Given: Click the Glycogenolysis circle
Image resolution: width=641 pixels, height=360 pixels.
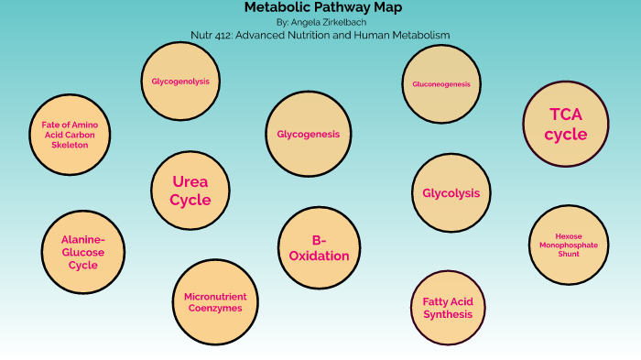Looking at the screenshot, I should click(180, 82).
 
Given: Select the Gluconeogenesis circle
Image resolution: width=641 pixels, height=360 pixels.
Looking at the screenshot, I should click(440, 84).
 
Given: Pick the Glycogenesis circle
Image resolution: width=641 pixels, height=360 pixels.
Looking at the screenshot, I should click(308, 134).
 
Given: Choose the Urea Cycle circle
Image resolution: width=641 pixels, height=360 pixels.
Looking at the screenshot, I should click(190, 191).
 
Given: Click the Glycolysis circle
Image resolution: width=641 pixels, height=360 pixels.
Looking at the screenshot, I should click(451, 193).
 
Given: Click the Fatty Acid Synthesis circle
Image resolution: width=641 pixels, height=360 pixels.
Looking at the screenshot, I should click(447, 308).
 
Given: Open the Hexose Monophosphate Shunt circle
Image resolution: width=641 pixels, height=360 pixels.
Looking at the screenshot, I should click(569, 245).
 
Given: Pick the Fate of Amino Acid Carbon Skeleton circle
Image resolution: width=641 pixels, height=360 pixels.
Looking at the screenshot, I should click(69, 134).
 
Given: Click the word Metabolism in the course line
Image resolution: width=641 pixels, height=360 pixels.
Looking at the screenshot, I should click(418, 35).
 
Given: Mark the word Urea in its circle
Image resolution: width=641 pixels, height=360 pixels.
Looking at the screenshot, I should click(190, 181).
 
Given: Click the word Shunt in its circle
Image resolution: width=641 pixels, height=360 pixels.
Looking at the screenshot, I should click(569, 254).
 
